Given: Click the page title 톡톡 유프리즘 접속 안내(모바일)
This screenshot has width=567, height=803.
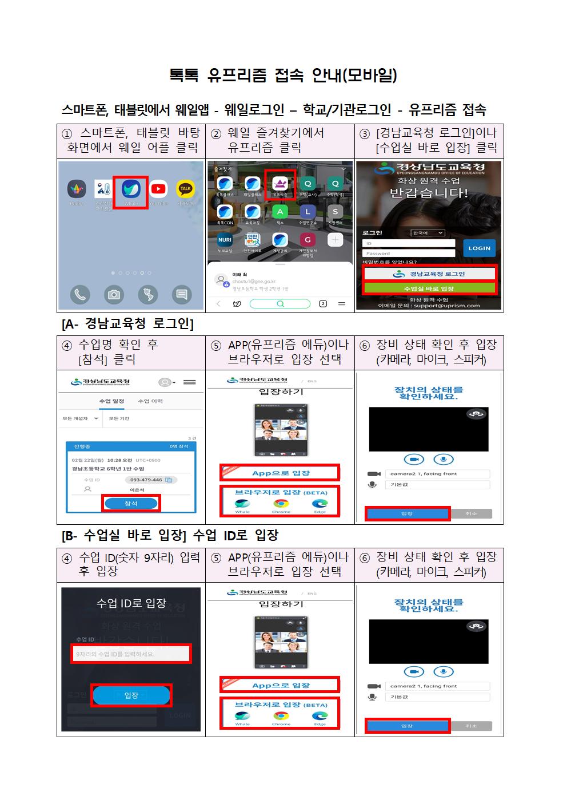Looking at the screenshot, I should point(283,75).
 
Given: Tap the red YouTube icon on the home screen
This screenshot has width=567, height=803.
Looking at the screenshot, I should point(158,189).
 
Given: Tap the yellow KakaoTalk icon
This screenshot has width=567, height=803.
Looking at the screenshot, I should point(185,189).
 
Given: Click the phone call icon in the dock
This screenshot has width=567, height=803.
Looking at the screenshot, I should point(80,294).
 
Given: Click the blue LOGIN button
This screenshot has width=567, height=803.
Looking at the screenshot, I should point(479,248).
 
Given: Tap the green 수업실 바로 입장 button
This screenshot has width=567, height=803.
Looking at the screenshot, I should point(429,288).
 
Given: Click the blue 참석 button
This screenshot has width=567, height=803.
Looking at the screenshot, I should point(131,503).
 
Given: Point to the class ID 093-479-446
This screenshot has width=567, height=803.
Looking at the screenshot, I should point(146,480).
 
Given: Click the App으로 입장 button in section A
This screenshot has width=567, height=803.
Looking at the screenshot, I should point(280,473).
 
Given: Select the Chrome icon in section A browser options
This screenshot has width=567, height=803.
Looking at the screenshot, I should point(281,504).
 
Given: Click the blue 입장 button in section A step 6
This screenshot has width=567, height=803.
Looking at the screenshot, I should point(407,513).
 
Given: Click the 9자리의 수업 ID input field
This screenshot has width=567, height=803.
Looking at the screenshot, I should point(131,654).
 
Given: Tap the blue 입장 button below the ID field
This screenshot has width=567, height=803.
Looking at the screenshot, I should point(131,695).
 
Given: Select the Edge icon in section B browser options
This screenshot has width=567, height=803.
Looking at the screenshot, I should point(320,716).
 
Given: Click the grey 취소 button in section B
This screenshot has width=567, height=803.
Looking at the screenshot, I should point(471,726).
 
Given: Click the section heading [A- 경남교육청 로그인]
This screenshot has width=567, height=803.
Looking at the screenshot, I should point(128,324).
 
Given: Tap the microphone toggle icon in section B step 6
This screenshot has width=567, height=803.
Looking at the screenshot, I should point(443,671).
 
